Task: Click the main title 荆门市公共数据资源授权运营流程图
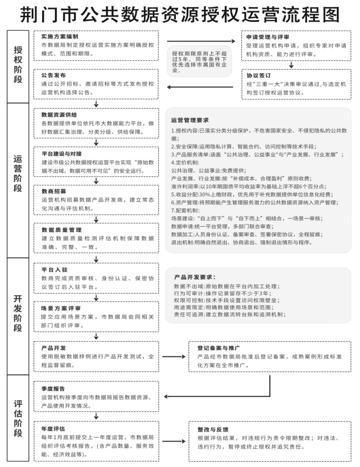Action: click(180, 15)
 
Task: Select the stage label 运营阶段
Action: click(18, 181)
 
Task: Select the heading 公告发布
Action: click(54, 76)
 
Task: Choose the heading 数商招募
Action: click(54, 191)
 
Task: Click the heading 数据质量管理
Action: click(61, 230)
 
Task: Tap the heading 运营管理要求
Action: click(190, 120)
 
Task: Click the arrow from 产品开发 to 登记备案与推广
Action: click(174, 356)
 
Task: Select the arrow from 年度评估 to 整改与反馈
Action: click(174, 442)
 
